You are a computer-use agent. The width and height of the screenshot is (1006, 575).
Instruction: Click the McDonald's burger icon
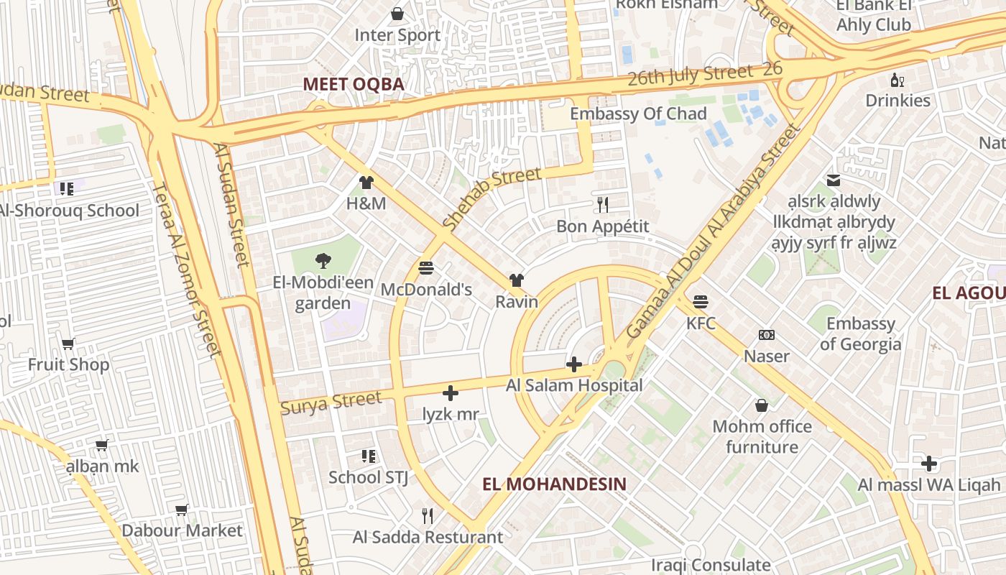tap(426, 268)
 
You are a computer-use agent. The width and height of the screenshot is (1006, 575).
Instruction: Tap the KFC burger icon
tap(701, 302)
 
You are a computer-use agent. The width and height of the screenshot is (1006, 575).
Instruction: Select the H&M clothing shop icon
tap(366, 183)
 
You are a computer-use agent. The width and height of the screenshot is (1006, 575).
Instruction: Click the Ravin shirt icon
tap(516, 280)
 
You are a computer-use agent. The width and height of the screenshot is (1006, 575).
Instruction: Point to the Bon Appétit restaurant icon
tap(603, 205)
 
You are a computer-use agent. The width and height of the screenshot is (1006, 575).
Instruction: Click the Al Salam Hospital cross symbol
tap(573, 364)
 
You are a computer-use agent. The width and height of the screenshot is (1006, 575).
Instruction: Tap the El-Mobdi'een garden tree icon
tap(323, 262)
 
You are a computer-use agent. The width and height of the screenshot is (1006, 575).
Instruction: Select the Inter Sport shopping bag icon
tap(397, 14)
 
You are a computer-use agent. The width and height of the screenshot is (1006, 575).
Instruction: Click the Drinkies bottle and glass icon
tap(897, 80)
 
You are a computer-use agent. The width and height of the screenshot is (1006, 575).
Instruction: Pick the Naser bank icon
tap(767, 335)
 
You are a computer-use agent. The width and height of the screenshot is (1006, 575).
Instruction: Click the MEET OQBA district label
tap(354, 84)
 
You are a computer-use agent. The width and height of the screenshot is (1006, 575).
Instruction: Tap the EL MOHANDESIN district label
tap(554, 484)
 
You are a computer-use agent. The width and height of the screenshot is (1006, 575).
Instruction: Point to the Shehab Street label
tap(492, 198)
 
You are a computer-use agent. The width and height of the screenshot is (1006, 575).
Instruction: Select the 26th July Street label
tap(690, 74)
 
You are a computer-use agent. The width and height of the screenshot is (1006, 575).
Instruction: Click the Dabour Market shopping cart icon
tap(182, 510)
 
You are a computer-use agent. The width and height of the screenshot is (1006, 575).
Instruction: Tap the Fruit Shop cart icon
tap(68, 344)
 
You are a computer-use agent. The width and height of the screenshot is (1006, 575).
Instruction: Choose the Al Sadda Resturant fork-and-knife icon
tap(428, 515)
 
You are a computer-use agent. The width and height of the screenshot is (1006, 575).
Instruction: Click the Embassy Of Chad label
tap(638, 114)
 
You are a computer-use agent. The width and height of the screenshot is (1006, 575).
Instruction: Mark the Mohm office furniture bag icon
tap(762, 405)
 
